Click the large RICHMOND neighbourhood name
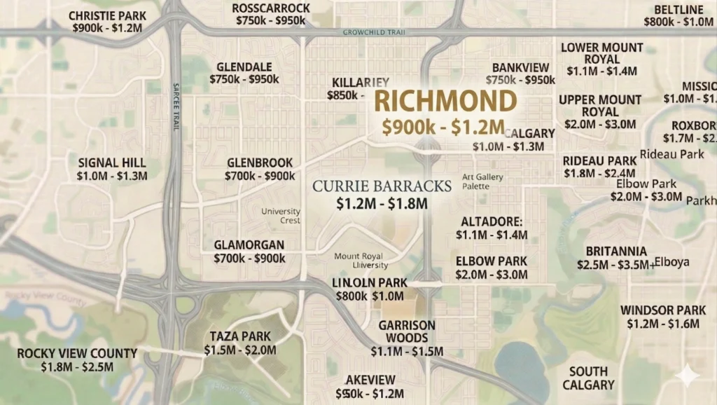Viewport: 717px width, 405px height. pyautogui.click(x=445, y=102)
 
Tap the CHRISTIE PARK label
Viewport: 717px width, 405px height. pyautogui.click(x=107, y=15)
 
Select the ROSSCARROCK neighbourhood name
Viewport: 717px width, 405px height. pyautogui.click(x=271, y=8)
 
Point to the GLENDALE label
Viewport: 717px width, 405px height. pyautogui.click(x=244, y=67)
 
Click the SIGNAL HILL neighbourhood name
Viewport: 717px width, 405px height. pyautogui.click(x=112, y=163)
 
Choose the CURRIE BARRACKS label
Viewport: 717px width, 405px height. pyautogui.click(x=382, y=186)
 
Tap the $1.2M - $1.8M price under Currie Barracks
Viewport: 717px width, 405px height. pyautogui.click(x=382, y=204)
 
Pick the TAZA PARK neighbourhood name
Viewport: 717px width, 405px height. pyautogui.click(x=240, y=336)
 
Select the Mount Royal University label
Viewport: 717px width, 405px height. pyautogui.click(x=361, y=261)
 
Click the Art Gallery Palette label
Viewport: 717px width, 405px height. pyautogui.click(x=482, y=182)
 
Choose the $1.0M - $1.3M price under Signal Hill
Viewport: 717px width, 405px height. pyautogui.click(x=112, y=176)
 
